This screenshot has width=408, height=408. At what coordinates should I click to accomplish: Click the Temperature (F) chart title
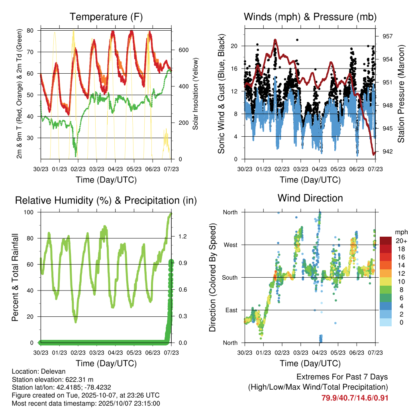click(106, 17)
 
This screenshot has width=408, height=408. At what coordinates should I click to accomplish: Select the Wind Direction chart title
click(310, 198)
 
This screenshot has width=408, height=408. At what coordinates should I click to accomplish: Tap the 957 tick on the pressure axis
click(388, 36)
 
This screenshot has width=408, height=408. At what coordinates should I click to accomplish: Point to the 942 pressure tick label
click(388, 151)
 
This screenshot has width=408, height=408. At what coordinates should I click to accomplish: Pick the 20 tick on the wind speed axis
click(234, 46)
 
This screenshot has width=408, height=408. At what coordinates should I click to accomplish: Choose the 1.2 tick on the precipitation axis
click(183, 237)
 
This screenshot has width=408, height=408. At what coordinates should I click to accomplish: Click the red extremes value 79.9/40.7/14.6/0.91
click(355, 398)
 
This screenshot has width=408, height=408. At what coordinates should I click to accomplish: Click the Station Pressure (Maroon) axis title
click(401, 94)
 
